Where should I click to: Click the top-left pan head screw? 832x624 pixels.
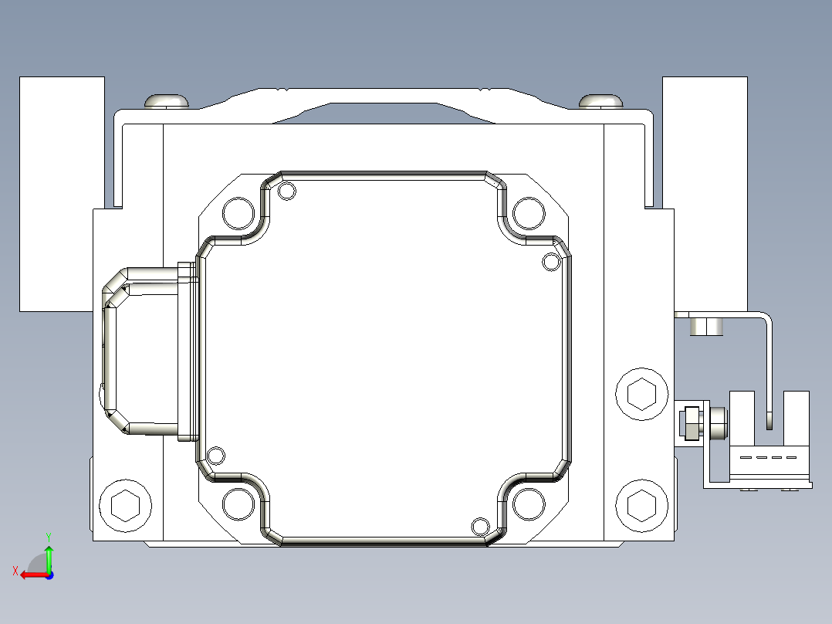167,101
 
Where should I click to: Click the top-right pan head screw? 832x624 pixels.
601,101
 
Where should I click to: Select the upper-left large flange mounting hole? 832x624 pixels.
238,212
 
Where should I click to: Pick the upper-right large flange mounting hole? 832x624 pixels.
529,212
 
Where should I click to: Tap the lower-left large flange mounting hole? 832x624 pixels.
238,504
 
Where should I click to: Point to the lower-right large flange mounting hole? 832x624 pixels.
529,504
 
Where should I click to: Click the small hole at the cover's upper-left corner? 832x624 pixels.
287,191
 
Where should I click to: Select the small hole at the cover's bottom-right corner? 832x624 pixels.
480,527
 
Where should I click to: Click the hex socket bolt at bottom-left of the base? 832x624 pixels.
125,506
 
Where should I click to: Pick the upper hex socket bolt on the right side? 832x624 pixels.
642,394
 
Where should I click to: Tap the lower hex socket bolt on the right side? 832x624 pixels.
642,506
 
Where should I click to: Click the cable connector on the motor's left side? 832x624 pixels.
143,351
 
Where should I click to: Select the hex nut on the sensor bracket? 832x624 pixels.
690,424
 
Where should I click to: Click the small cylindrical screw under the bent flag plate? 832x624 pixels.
706,326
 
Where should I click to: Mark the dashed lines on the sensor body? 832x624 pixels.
768,457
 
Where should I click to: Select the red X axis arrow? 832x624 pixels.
31,574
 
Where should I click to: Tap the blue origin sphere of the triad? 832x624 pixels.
49,575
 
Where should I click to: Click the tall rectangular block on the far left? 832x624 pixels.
61,193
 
